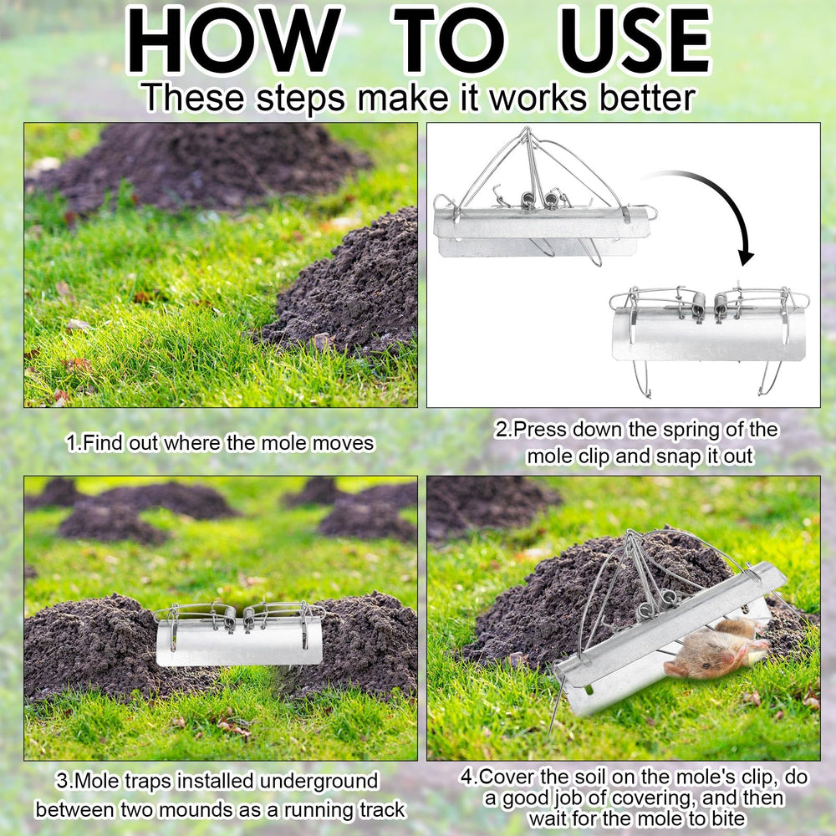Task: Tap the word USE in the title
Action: (x=636, y=40)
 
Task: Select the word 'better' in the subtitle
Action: (x=647, y=98)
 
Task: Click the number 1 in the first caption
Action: (x=71, y=443)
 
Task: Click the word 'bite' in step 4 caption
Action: (x=728, y=818)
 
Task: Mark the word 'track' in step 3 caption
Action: (x=382, y=809)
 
